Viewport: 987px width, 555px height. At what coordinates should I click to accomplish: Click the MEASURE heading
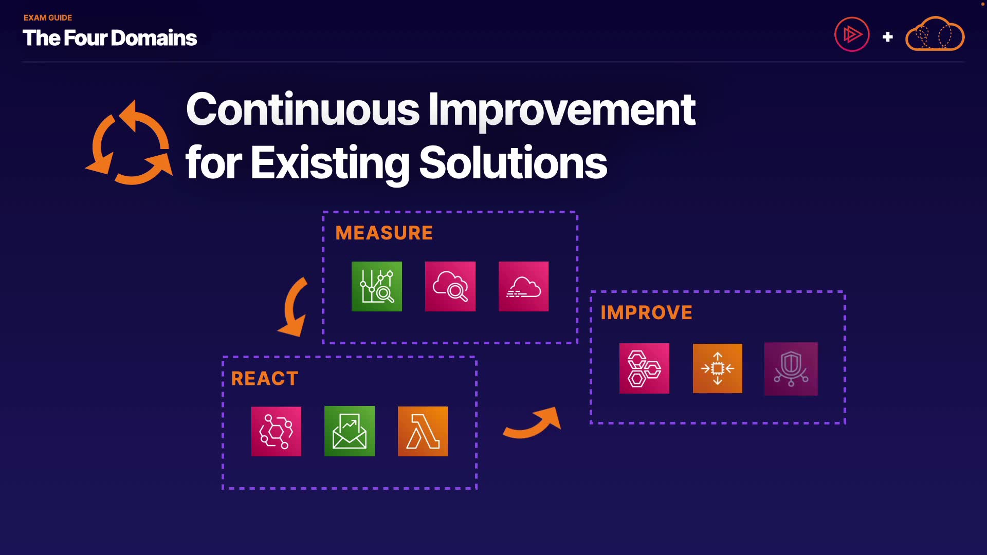pos(383,233)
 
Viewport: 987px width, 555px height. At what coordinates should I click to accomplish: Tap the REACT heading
pos(264,379)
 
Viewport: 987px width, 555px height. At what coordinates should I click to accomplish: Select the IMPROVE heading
pos(646,312)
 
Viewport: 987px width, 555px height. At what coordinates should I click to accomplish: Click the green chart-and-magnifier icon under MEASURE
pos(377,286)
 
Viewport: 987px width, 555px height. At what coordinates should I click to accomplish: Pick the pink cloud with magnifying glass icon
pos(450,286)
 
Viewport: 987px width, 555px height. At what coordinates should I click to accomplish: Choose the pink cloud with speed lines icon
pos(523,286)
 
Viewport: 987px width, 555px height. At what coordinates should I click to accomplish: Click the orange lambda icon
pos(423,431)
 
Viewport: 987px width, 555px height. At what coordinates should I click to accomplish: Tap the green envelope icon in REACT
pos(350,431)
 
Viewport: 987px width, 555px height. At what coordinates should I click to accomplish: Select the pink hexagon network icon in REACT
pos(276,431)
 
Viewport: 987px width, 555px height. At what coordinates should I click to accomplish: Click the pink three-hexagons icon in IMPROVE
pos(644,368)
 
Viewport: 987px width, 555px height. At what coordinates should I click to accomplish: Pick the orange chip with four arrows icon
pos(718,368)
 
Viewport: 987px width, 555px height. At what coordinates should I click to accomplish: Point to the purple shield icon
pos(791,369)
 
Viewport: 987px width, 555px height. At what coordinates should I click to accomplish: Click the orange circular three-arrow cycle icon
pos(129,142)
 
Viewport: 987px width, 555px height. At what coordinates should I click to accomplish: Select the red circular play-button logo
pos(852,35)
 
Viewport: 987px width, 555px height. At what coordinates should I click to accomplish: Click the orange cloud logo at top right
pos(935,33)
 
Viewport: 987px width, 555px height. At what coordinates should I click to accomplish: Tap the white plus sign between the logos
pos(887,37)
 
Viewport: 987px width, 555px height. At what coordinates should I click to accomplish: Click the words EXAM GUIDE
pos(48,17)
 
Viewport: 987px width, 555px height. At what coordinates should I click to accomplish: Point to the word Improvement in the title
pos(561,110)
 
